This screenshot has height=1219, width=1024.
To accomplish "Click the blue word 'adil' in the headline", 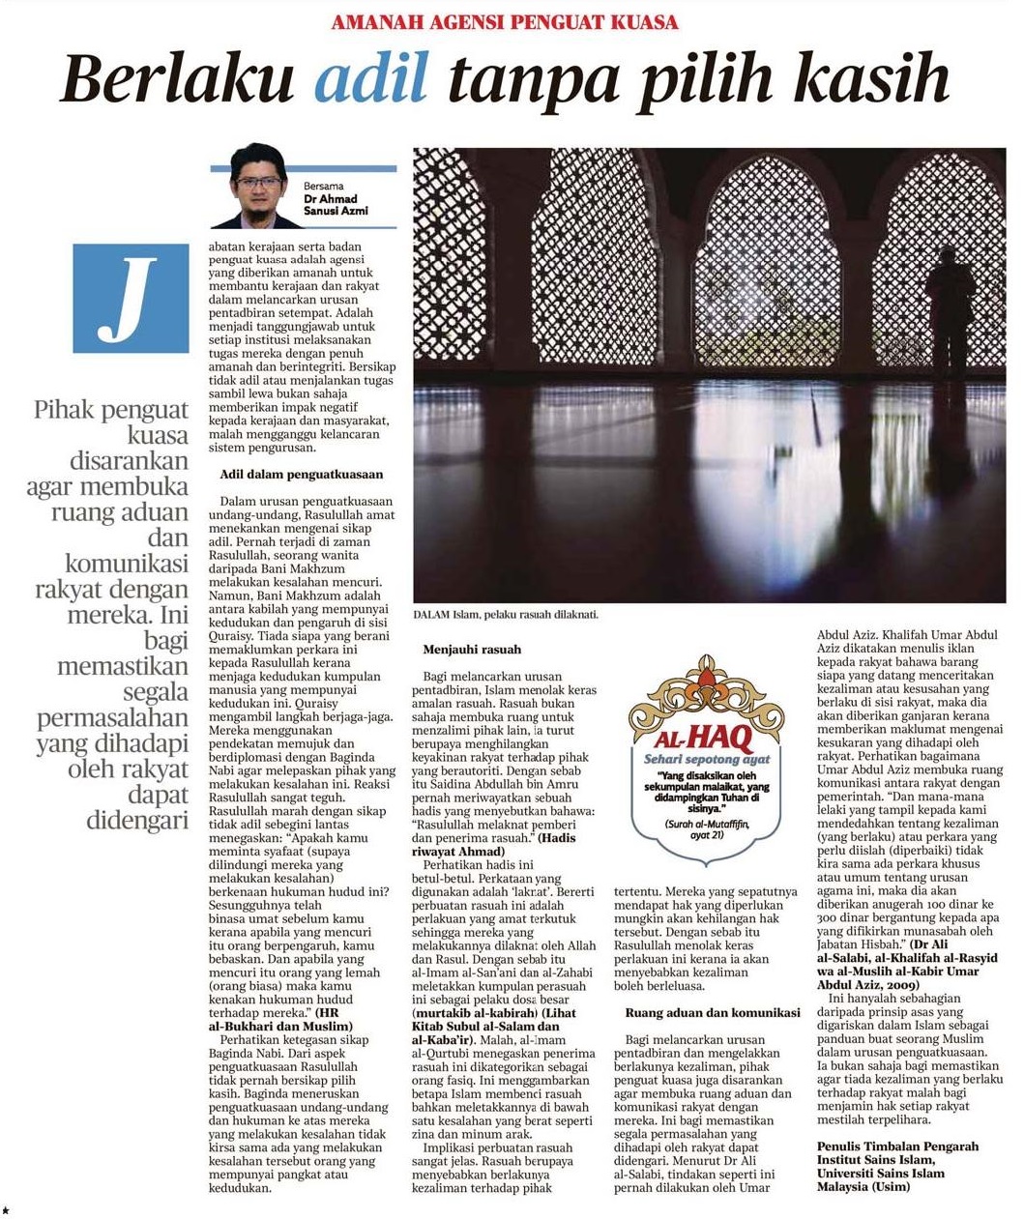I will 370,79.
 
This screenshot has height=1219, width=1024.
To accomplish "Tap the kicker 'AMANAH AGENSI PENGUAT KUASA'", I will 504,22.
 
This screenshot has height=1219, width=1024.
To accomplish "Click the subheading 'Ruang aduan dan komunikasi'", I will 712,1012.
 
